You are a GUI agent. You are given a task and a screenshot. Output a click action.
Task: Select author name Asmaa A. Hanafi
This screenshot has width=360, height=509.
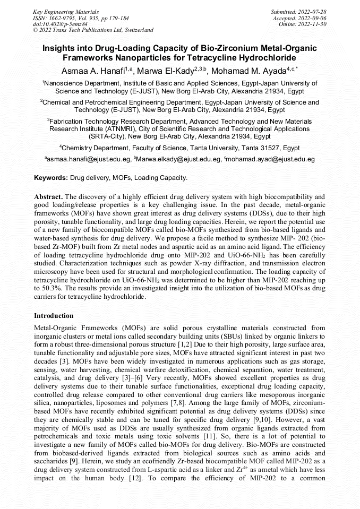coord(93,71)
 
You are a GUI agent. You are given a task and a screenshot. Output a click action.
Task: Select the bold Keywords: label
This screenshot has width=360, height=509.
coord(51,178)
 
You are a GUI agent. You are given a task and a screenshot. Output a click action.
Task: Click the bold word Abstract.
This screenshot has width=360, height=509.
coord(49,196)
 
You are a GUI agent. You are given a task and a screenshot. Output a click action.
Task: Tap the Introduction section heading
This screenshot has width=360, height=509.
coord(54,316)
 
